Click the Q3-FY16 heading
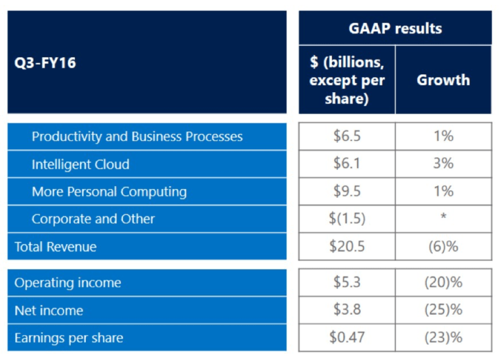point(45,63)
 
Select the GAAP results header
point(395,28)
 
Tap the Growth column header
point(443,80)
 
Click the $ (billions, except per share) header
point(347,81)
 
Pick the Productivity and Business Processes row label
point(137,137)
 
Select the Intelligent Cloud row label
point(80,164)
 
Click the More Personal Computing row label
point(109,192)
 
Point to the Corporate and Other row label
point(93,219)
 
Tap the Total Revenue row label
point(55,247)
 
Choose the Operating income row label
point(68,283)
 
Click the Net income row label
point(49,311)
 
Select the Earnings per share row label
point(68,338)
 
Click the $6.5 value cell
point(347,136)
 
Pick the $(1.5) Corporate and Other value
point(347,219)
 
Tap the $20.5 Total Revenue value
point(347,246)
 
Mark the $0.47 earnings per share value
point(347,337)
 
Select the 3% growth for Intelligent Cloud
point(443,164)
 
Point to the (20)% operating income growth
point(443,282)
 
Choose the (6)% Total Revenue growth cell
point(443,246)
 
